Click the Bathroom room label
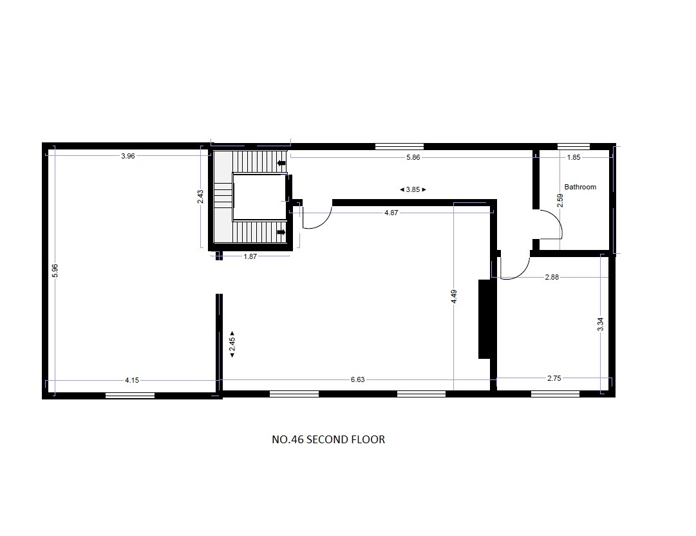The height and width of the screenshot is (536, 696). coord(580,187)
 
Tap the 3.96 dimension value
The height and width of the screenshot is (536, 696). coord(128,156)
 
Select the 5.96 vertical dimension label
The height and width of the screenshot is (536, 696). coord(55,271)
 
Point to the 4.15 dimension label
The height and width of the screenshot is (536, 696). coord(132,380)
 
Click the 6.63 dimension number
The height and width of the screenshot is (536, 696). coord(358,379)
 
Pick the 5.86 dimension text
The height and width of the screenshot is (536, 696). coord(413,157)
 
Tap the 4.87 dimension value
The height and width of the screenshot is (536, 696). coord(391,213)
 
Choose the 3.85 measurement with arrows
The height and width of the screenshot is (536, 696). coord(413,189)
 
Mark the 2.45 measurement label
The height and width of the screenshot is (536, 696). coord(232,344)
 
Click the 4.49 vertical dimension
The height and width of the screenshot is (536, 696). coord(454,296)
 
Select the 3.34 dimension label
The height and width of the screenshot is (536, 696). coord(601,324)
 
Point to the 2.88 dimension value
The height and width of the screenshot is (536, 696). coord(552,277)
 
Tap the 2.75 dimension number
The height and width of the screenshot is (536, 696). coord(554,378)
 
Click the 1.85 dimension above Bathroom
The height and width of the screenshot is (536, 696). coord(574,157)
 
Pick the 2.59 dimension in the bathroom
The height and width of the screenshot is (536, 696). coord(560,200)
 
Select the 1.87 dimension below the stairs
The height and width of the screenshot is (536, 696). coord(250,256)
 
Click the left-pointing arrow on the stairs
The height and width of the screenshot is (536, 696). coord(281,163)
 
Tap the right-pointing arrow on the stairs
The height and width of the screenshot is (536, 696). coord(281,233)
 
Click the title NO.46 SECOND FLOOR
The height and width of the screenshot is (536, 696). coord(328,439)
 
